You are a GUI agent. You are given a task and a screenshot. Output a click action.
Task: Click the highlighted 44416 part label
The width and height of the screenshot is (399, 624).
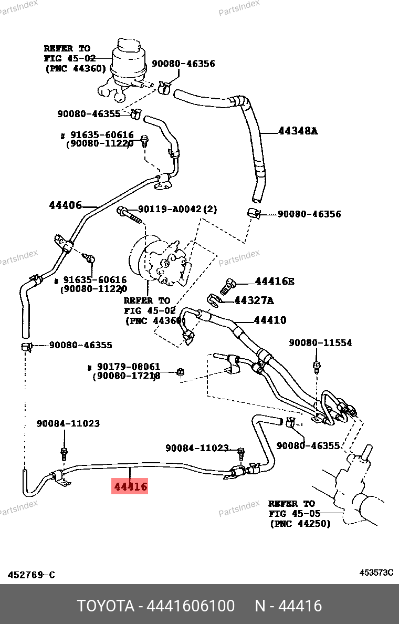pyautogui.click(x=130, y=486)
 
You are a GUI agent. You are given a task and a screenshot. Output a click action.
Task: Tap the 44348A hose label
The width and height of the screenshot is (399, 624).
pyautogui.click(x=298, y=131)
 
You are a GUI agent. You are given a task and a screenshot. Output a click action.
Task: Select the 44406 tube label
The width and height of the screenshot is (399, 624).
pyautogui.click(x=65, y=205)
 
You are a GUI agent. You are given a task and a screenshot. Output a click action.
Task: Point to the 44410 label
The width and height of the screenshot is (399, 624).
pyautogui.click(x=270, y=320)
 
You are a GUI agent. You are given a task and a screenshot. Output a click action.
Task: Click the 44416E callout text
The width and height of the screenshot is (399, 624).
pyautogui.click(x=275, y=282)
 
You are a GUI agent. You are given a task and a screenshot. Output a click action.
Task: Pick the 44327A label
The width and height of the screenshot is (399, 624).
pyautogui.click(x=254, y=300)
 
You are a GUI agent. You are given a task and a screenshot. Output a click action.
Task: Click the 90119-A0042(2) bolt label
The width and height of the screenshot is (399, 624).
pyautogui.click(x=177, y=209)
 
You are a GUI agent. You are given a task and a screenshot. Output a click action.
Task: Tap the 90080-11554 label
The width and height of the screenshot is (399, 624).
pyautogui.click(x=320, y=342)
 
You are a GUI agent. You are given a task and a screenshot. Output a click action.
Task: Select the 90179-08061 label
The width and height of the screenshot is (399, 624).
pyautogui.click(x=129, y=366)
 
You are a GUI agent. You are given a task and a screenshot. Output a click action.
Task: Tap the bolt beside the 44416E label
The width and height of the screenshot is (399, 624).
pyautogui.click(x=227, y=286)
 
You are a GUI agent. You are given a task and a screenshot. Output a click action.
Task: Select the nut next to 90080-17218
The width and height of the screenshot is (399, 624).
pyautogui.click(x=180, y=372)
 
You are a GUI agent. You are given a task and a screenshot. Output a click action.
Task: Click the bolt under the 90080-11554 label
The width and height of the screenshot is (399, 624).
pyautogui.click(x=317, y=367)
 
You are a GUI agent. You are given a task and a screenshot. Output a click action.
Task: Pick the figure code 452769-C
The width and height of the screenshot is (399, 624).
pyautogui.click(x=31, y=575)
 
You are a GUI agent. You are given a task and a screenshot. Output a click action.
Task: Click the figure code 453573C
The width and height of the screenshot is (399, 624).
pyautogui.click(x=376, y=573)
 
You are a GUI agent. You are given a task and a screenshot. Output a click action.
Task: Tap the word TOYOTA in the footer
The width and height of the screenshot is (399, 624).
pyautogui.click(x=106, y=606)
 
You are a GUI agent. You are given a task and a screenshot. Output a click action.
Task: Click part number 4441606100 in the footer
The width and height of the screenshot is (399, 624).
pyautogui.click(x=191, y=606)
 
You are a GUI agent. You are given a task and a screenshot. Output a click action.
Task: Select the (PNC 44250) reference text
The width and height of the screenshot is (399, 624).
pyautogui.click(x=300, y=524)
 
